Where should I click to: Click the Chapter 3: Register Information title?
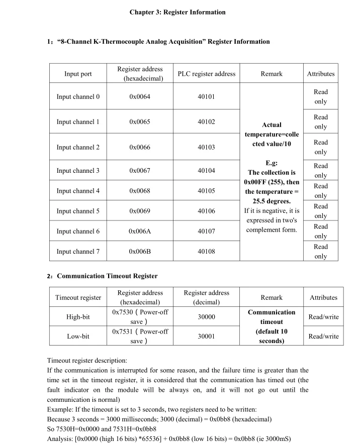pos(177,12)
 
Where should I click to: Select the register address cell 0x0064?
pos(140,96)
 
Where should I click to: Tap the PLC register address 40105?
pos(206,191)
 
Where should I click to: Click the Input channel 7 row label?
pos(78,252)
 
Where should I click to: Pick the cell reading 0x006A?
pos(140,232)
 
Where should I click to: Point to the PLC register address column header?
pos(206,74)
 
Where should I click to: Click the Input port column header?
pos(78,74)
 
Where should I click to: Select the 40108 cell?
pos(206,252)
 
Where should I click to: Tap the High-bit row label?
pos(78,317)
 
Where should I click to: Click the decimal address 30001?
pos(206,336)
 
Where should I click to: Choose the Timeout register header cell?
pos(78,297)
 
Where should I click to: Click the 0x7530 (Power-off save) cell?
pos(140,317)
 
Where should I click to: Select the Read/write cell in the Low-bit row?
pos(323,336)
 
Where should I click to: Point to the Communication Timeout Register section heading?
pos(107,276)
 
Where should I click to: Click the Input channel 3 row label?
pos(78,171)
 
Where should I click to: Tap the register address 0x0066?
pos(140,147)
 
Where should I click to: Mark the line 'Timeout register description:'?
pos(87,360)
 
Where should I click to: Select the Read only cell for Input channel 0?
pos(320,96)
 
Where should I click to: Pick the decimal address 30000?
pos(206,317)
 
